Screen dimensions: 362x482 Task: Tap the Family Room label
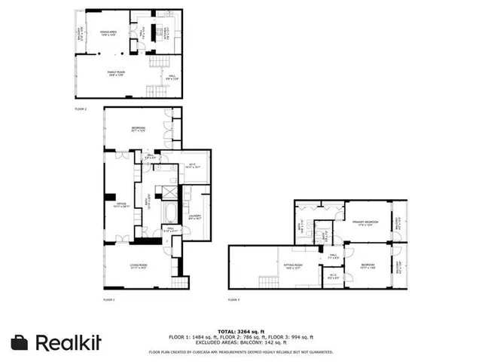point(115,72)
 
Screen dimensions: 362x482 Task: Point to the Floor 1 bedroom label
point(138,128)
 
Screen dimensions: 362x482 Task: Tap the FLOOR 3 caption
point(234,300)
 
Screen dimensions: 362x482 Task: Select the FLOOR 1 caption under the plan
point(108,300)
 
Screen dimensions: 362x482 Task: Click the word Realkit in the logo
point(67,342)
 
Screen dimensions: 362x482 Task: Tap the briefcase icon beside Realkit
point(20,342)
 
